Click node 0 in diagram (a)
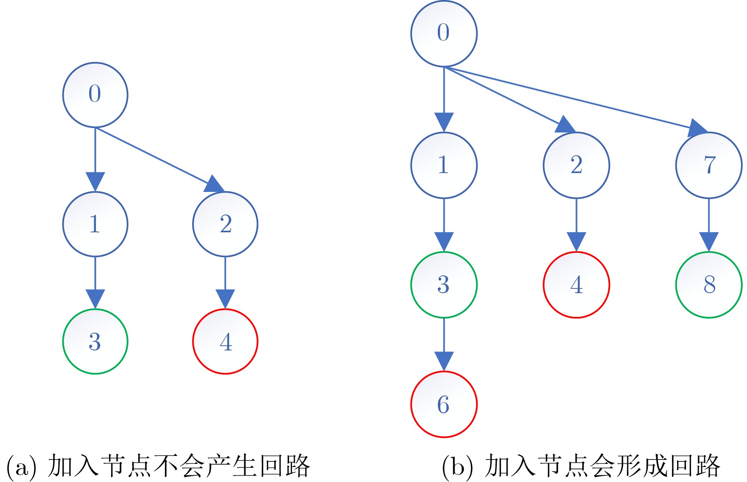click(x=95, y=95)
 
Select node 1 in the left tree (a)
click(x=95, y=224)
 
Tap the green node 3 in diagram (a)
click(x=95, y=341)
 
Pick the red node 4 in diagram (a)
click(x=225, y=341)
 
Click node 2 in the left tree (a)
click(x=225, y=224)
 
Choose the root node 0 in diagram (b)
click(x=444, y=33)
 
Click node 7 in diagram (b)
click(x=709, y=165)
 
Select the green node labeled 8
click(x=709, y=284)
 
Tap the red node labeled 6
click(x=444, y=404)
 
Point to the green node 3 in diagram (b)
click(x=444, y=284)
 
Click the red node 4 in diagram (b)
click(x=576, y=284)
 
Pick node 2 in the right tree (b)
click(x=576, y=165)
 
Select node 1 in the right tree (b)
click(x=444, y=165)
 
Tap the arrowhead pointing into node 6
click(x=444, y=361)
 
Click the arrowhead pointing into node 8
click(x=709, y=241)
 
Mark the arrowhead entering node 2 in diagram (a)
click(x=214, y=184)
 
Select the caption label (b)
click(x=457, y=466)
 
